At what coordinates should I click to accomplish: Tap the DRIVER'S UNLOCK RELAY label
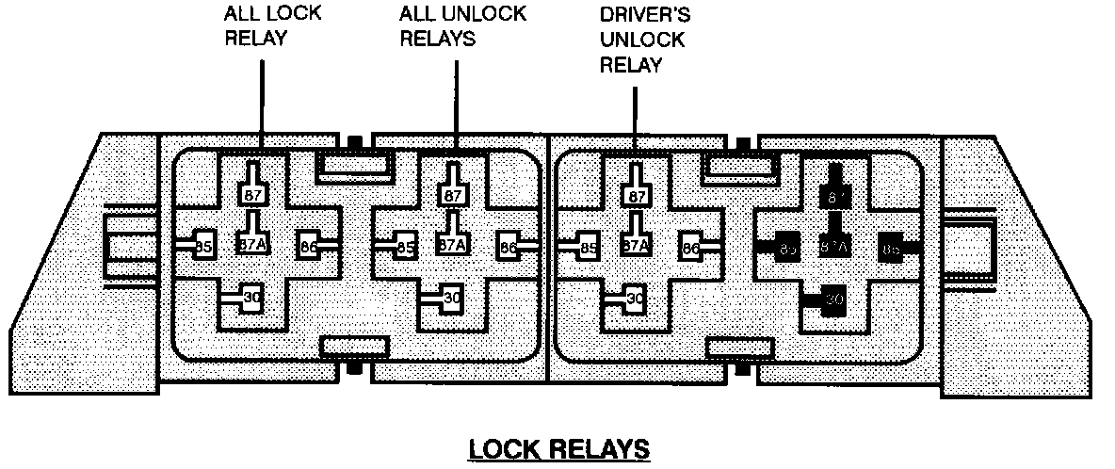point(643,40)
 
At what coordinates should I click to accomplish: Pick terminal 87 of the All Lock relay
point(252,195)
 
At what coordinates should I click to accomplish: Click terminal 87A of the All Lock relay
point(252,245)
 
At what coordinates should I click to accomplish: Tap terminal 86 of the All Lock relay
point(307,248)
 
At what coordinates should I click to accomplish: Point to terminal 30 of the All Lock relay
point(251,298)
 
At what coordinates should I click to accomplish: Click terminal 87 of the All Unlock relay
point(452,195)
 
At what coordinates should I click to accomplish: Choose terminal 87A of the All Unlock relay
point(452,245)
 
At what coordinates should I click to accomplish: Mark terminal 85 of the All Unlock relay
point(405,249)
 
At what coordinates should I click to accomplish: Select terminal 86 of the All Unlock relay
point(509,249)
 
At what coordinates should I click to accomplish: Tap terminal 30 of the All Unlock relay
point(452,298)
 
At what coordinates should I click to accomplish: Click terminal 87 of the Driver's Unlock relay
point(637,195)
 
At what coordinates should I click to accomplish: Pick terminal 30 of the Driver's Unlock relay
point(636,299)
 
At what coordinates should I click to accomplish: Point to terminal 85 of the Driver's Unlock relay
point(589,249)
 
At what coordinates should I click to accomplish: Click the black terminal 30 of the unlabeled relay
point(833,299)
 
